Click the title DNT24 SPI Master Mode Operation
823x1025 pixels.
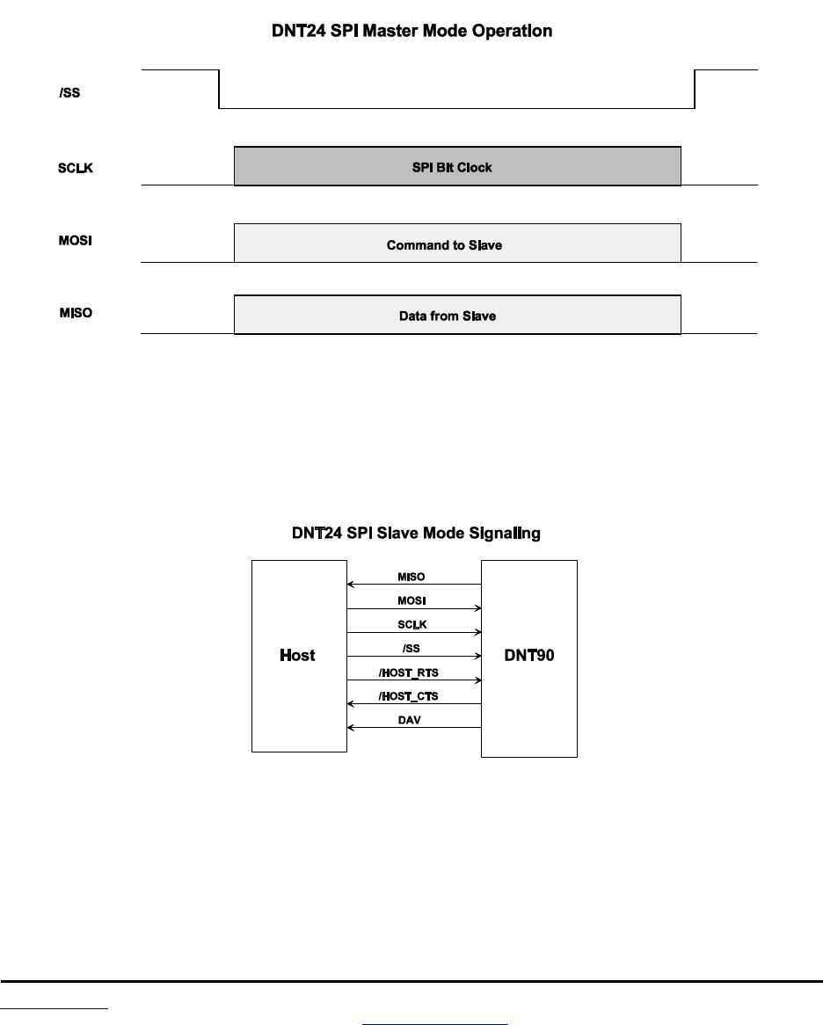411,32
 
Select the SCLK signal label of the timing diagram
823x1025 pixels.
69,168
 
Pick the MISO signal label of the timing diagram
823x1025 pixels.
69,314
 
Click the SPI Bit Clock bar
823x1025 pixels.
457,166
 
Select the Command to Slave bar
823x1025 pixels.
457,244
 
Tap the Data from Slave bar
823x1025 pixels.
457,315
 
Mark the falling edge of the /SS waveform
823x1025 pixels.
218,89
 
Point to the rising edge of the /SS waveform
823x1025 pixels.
696,89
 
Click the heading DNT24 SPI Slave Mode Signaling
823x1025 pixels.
415,533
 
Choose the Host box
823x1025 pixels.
299,656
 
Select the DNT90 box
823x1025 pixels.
528,656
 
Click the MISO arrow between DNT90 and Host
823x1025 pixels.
414,584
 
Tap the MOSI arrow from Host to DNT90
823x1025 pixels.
414,607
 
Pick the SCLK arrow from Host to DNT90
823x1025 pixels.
414,632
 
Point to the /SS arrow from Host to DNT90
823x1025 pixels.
414,656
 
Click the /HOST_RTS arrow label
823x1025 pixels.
414,672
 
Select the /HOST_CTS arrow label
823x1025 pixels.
414,696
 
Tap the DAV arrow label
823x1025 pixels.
414,720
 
